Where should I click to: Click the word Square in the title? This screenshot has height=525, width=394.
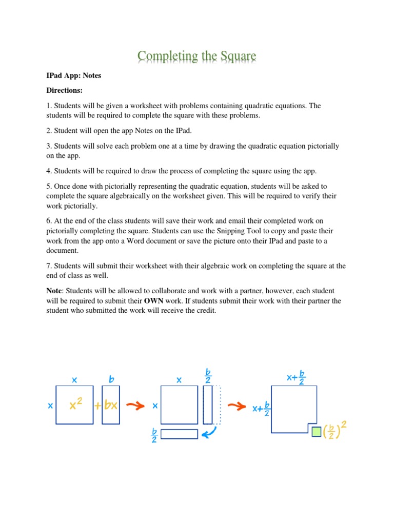(230, 56)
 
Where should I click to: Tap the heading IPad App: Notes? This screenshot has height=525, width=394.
(74, 75)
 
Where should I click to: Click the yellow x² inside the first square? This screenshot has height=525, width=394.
(76, 405)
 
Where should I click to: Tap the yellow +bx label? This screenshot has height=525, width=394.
(107, 405)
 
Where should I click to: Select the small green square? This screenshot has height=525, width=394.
(317, 432)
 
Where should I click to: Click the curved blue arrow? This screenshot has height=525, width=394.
(210, 434)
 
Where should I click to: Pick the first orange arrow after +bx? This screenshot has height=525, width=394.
(135, 406)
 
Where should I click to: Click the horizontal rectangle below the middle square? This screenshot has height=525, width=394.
(179, 434)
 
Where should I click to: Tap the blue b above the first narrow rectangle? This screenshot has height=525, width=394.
(111, 380)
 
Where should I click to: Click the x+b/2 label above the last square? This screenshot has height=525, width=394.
(296, 378)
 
